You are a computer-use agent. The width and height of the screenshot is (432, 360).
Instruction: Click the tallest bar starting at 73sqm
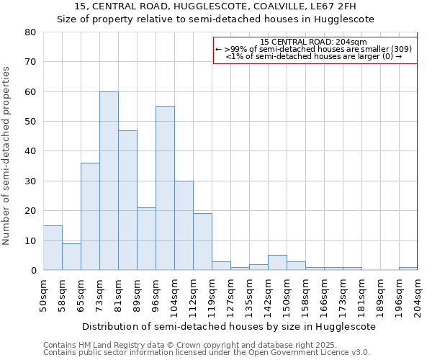pos(109,181)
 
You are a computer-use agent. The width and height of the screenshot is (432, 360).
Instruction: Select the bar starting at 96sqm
pos(165,188)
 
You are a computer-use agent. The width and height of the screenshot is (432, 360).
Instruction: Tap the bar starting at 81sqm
pos(127,200)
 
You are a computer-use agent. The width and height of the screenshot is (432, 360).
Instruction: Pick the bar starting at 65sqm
pos(90,216)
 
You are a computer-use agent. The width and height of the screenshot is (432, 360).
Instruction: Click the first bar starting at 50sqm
pos(53,248)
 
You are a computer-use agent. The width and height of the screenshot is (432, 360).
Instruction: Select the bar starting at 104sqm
pos(184,225)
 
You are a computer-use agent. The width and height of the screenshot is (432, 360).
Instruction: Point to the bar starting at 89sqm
pos(146,238)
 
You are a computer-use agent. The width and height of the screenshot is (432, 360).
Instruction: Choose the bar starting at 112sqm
pos(202,242)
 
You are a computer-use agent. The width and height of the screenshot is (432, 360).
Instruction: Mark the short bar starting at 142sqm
pos(277,263)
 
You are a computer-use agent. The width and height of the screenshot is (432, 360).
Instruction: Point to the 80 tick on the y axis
pos(30,32)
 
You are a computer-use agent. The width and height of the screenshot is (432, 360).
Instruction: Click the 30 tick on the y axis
pos(30,181)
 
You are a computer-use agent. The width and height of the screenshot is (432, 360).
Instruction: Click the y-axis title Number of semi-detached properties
pos(6,156)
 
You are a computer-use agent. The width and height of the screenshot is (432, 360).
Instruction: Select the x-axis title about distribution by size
pos(229,326)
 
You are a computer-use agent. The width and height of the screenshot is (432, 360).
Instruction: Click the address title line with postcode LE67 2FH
pos(215,6)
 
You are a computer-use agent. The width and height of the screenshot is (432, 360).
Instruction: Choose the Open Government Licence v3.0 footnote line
pos(206,352)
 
